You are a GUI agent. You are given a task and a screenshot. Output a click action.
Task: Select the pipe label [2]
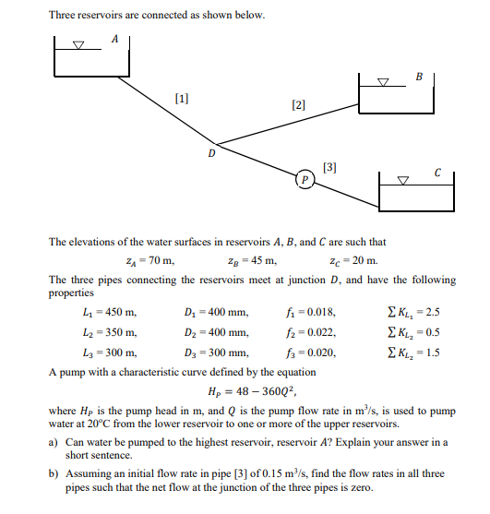pos(298,106)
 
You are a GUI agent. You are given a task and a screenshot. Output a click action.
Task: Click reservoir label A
pos(114,39)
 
